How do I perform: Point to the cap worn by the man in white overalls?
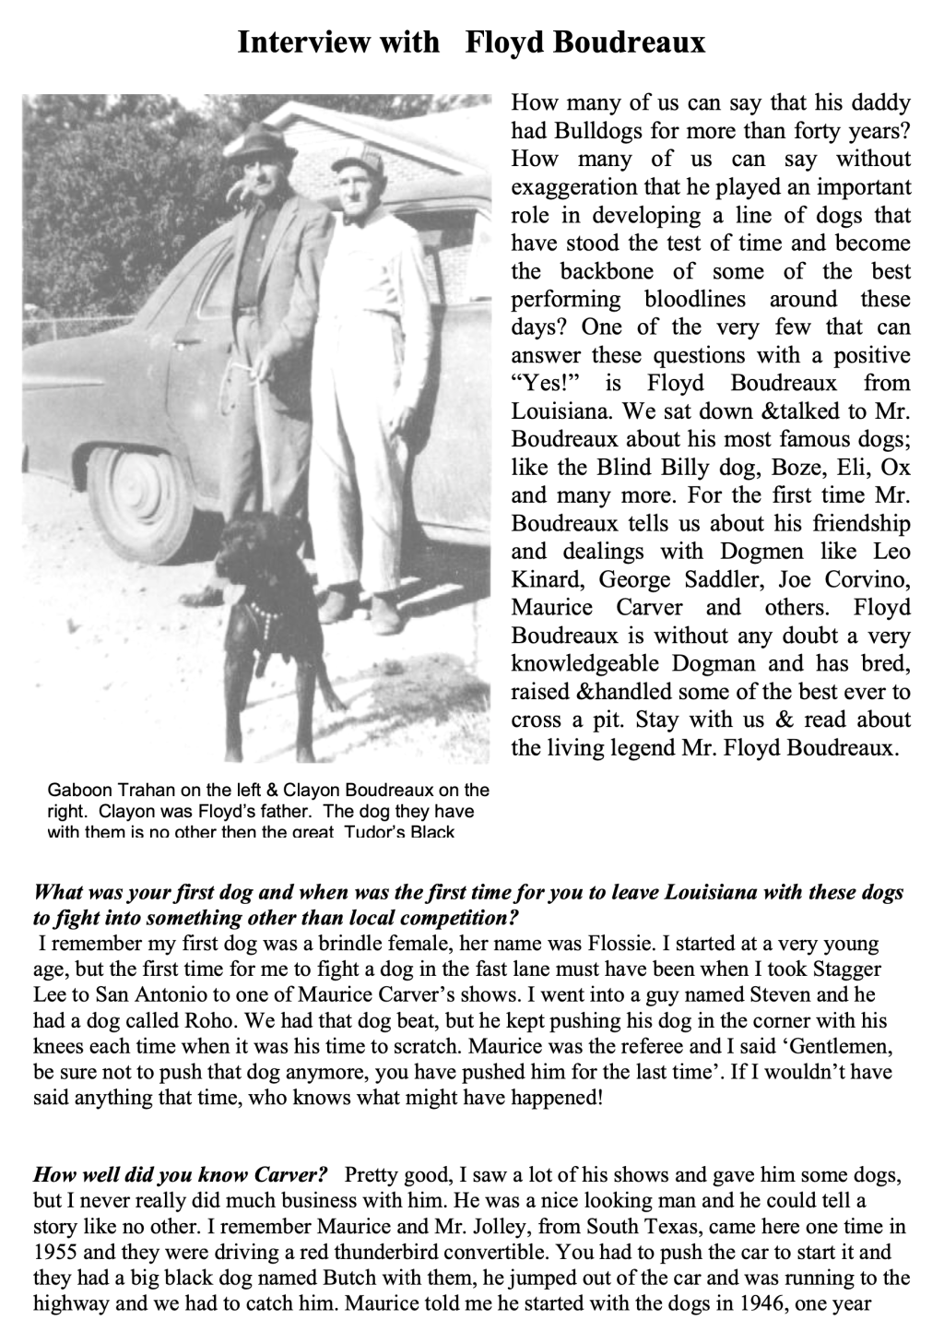356,163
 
